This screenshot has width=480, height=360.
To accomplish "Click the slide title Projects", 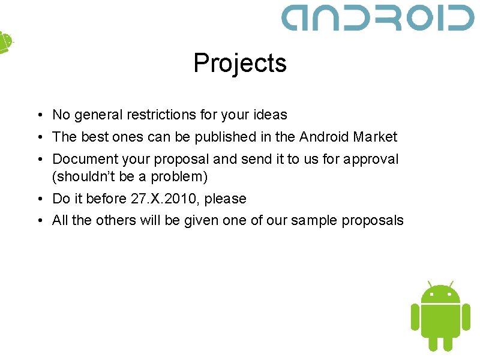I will click(x=240, y=63).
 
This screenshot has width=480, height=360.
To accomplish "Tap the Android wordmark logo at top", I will click(x=378, y=18).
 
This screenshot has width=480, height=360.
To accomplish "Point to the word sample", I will click(x=314, y=221).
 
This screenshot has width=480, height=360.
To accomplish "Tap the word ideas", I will click(x=271, y=115).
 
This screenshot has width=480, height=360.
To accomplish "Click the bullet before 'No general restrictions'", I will click(x=38, y=115).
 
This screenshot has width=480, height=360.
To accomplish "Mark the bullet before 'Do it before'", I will click(x=38, y=199).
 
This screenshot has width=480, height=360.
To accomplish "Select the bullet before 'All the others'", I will click(x=38, y=220).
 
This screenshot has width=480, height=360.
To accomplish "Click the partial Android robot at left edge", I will click(x=5, y=42).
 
